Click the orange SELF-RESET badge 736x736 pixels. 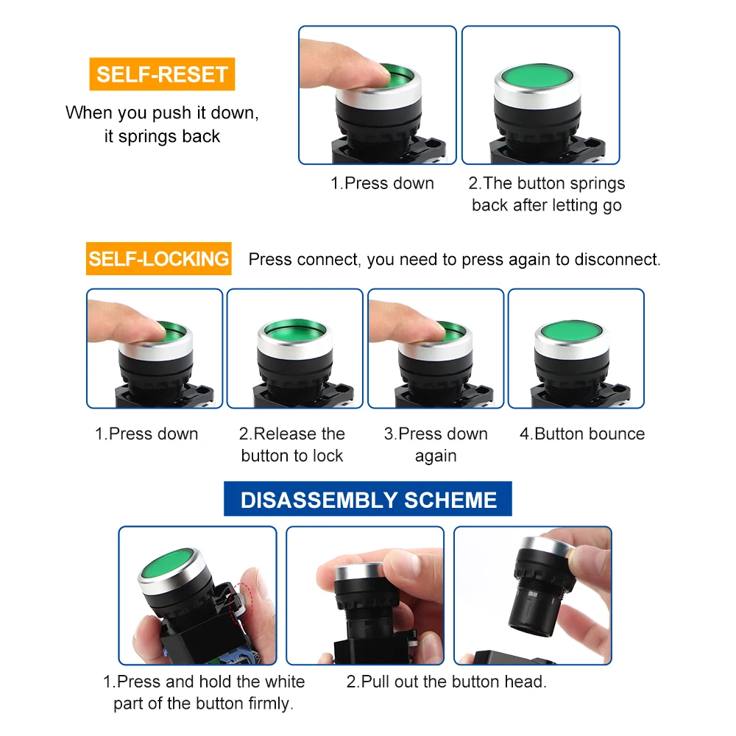162,74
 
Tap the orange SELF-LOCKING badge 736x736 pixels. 159,258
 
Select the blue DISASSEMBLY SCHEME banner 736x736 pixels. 368,499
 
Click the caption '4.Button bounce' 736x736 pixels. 582,434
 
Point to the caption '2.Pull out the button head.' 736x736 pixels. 447,682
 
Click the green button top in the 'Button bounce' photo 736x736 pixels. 571,330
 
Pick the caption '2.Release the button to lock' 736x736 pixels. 292,445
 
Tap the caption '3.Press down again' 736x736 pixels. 436,445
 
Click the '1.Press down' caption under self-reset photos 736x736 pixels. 382,183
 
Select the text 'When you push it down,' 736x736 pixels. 162,113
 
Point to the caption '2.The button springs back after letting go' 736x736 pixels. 546,194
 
